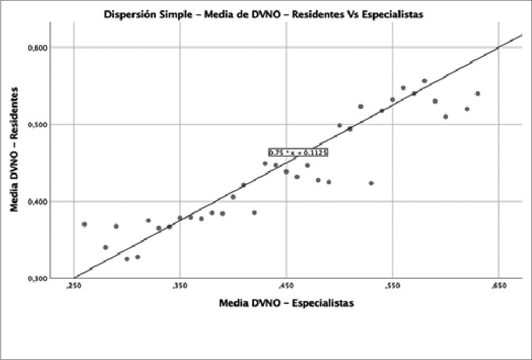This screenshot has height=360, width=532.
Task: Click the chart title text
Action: click(263, 15)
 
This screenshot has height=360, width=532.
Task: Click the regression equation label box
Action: click(298, 153)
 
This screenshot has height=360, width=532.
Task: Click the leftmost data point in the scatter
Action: click(85, 224)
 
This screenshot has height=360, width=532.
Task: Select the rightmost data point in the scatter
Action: click(478, 93)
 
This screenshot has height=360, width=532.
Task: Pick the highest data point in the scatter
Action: click(424, 81)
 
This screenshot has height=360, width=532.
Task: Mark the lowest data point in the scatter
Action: click(127, 259)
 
